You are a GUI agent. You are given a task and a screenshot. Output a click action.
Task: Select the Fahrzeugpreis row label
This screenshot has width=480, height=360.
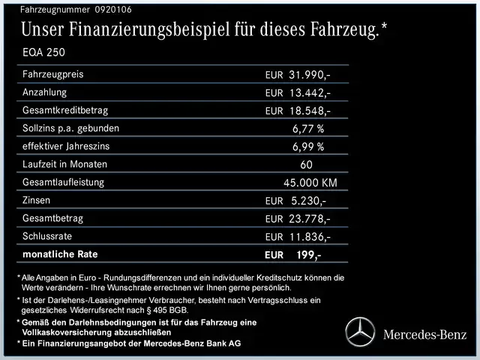click(53, 75)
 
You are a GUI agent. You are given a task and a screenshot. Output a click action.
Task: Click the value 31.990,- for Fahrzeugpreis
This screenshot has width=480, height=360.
click(310, 75)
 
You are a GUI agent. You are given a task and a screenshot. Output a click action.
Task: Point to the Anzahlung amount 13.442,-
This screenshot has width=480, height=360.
click(310, 93)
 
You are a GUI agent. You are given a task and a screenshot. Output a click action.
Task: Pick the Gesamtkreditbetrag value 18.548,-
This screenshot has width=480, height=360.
click(310, 111)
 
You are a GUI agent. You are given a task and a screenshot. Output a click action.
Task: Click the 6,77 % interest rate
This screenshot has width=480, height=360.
click(308, 128)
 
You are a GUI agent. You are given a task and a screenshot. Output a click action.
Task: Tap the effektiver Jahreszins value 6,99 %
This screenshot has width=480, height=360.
click(308, 146)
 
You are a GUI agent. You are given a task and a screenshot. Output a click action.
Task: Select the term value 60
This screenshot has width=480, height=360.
click(307, 164)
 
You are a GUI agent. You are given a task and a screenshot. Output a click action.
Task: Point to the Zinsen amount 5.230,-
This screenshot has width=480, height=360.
click(307, 200)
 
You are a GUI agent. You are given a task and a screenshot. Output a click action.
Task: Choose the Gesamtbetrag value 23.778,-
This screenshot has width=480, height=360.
click(310, 219)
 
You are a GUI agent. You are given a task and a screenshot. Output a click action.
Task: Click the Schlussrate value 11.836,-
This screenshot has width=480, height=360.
click(310, 237)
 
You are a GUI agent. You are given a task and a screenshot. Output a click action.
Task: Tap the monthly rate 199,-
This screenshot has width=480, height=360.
click(308, 255)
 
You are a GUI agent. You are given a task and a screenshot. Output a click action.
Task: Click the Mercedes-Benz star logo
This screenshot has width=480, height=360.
click(360, 332)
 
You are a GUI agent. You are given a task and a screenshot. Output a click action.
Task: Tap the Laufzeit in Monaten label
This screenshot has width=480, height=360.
click(65, 164)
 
